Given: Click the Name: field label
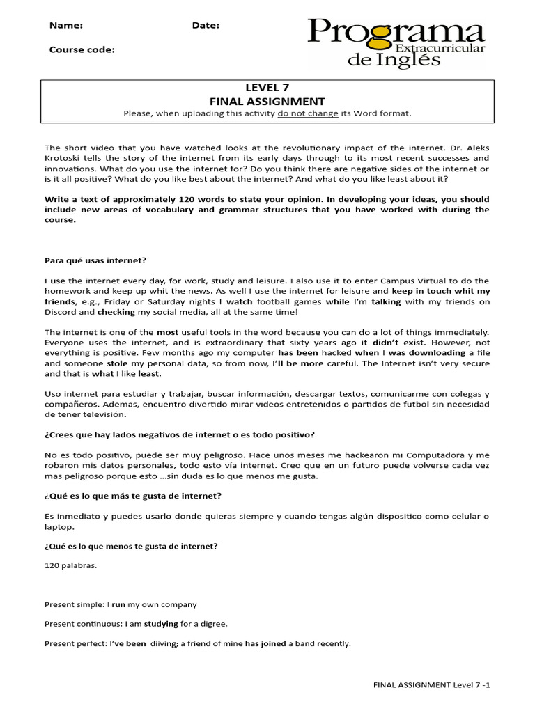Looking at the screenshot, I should click(66, 26).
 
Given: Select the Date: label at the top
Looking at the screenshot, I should click(206, 26).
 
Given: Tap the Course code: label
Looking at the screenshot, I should click(82, 49).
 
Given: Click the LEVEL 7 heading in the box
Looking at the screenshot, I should click(267, 87).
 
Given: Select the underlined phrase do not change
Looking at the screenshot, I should click(308, 113).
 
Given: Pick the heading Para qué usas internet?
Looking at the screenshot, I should click(95, 260).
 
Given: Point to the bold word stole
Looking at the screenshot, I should click(117, 363).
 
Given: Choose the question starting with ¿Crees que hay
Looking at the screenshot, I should click(179, 434).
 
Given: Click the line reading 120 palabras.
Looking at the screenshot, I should click(70, 565).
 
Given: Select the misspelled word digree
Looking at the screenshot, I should click(212, 624).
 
